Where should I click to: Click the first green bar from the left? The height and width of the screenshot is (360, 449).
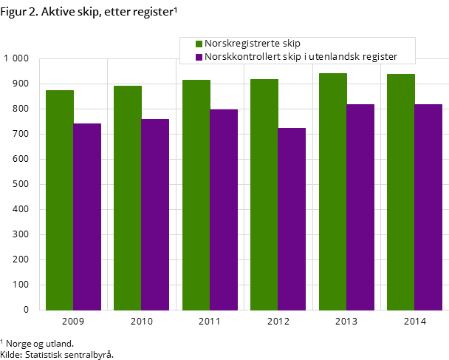click(60, 200)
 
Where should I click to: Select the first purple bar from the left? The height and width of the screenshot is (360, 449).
click(87, 217)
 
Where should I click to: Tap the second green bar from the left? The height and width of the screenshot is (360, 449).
click(128, 197)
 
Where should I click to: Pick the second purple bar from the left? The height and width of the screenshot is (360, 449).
click(155, 214)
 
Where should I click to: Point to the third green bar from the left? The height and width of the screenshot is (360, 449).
click(196, 194)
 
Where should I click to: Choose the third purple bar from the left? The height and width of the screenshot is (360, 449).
click(224, 209)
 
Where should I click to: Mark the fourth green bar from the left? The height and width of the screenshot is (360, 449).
click(264, 194)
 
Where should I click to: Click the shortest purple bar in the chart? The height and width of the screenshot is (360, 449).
click(292, 219)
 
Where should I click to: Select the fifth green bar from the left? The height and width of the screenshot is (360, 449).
click(333, 191)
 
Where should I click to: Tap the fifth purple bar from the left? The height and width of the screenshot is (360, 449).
click(360, 207)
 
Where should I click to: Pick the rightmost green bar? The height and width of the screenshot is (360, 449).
click(401, 192)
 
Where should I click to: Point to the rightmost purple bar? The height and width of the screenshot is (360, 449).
click(428, 207)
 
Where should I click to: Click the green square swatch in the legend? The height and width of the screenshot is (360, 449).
click(199, 44)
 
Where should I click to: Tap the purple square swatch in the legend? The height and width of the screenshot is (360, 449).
click(199, 57)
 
